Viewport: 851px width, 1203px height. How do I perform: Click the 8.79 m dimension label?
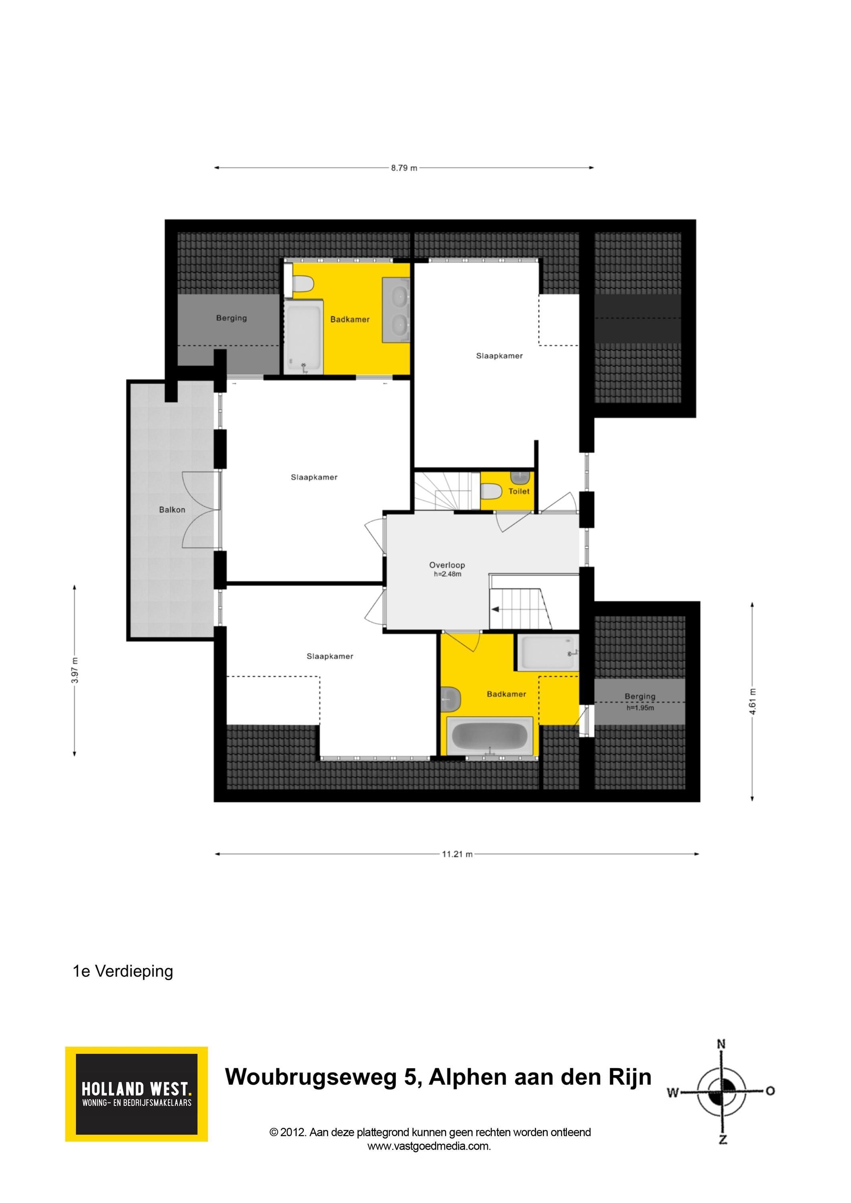pos(404,168)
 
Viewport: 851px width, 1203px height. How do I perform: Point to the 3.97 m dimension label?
pos(75,670)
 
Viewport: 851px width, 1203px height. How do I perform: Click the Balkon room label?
pos(172,510)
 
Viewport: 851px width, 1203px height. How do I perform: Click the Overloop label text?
pos(447,565)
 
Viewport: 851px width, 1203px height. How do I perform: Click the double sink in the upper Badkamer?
pos(396,310)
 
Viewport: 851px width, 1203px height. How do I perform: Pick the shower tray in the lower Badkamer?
pos(548,652)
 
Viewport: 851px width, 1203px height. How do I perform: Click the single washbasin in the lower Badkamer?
pos(451,699)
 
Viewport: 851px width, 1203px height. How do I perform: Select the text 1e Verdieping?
pos(123,971)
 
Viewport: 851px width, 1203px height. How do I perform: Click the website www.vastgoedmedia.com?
pos(429,1146)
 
